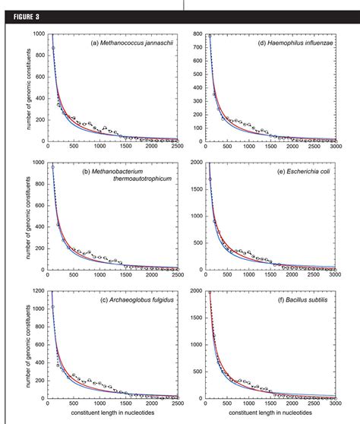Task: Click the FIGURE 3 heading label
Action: (23, 6)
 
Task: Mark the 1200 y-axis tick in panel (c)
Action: (36, 291)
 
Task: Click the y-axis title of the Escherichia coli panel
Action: (176, 217)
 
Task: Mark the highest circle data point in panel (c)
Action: (53, 306)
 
